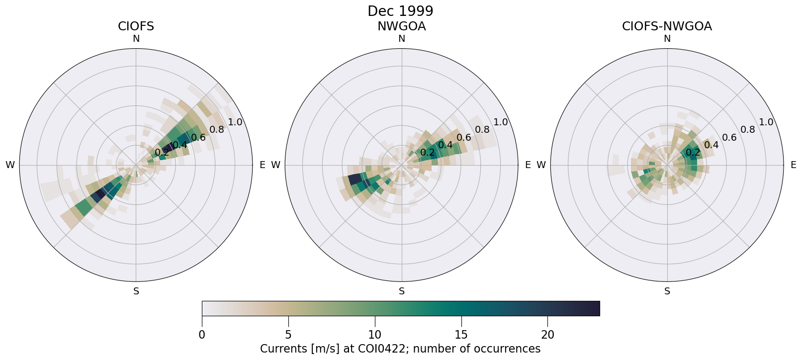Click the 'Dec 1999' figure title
tap(400, 11)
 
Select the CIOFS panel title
tap(136, 26)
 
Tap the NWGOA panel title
tap(401, 26)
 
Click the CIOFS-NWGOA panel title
tap(667, 26)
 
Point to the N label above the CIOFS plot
tap(136, 39)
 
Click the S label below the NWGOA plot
tap(402, 291)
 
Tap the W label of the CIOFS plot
tap(10, 165)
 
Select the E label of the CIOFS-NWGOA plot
tap(794, 165)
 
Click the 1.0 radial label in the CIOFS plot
tap(235, 122)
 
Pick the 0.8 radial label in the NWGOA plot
tap(482, 130)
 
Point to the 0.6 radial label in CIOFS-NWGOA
tap(729, 137)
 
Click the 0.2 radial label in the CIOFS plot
tap(162, 153)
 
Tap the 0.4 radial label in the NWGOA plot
tap(445, 145)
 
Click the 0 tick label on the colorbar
tap(202, 335)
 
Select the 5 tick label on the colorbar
tap(288, 335)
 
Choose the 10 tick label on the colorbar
tap(375, 335)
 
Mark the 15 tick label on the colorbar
tap(461, 335)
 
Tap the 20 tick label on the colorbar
tap(547, 335)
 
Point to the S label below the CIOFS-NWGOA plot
tap(667, 291)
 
